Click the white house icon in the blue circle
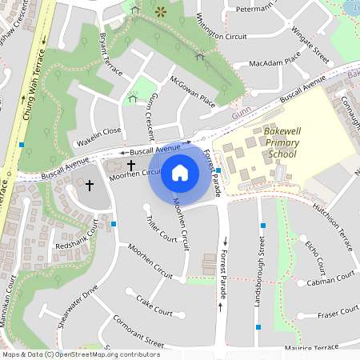click(180, 172)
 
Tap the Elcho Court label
click(314, 255)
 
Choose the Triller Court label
click(161, 228)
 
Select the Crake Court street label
click(154, 305)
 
